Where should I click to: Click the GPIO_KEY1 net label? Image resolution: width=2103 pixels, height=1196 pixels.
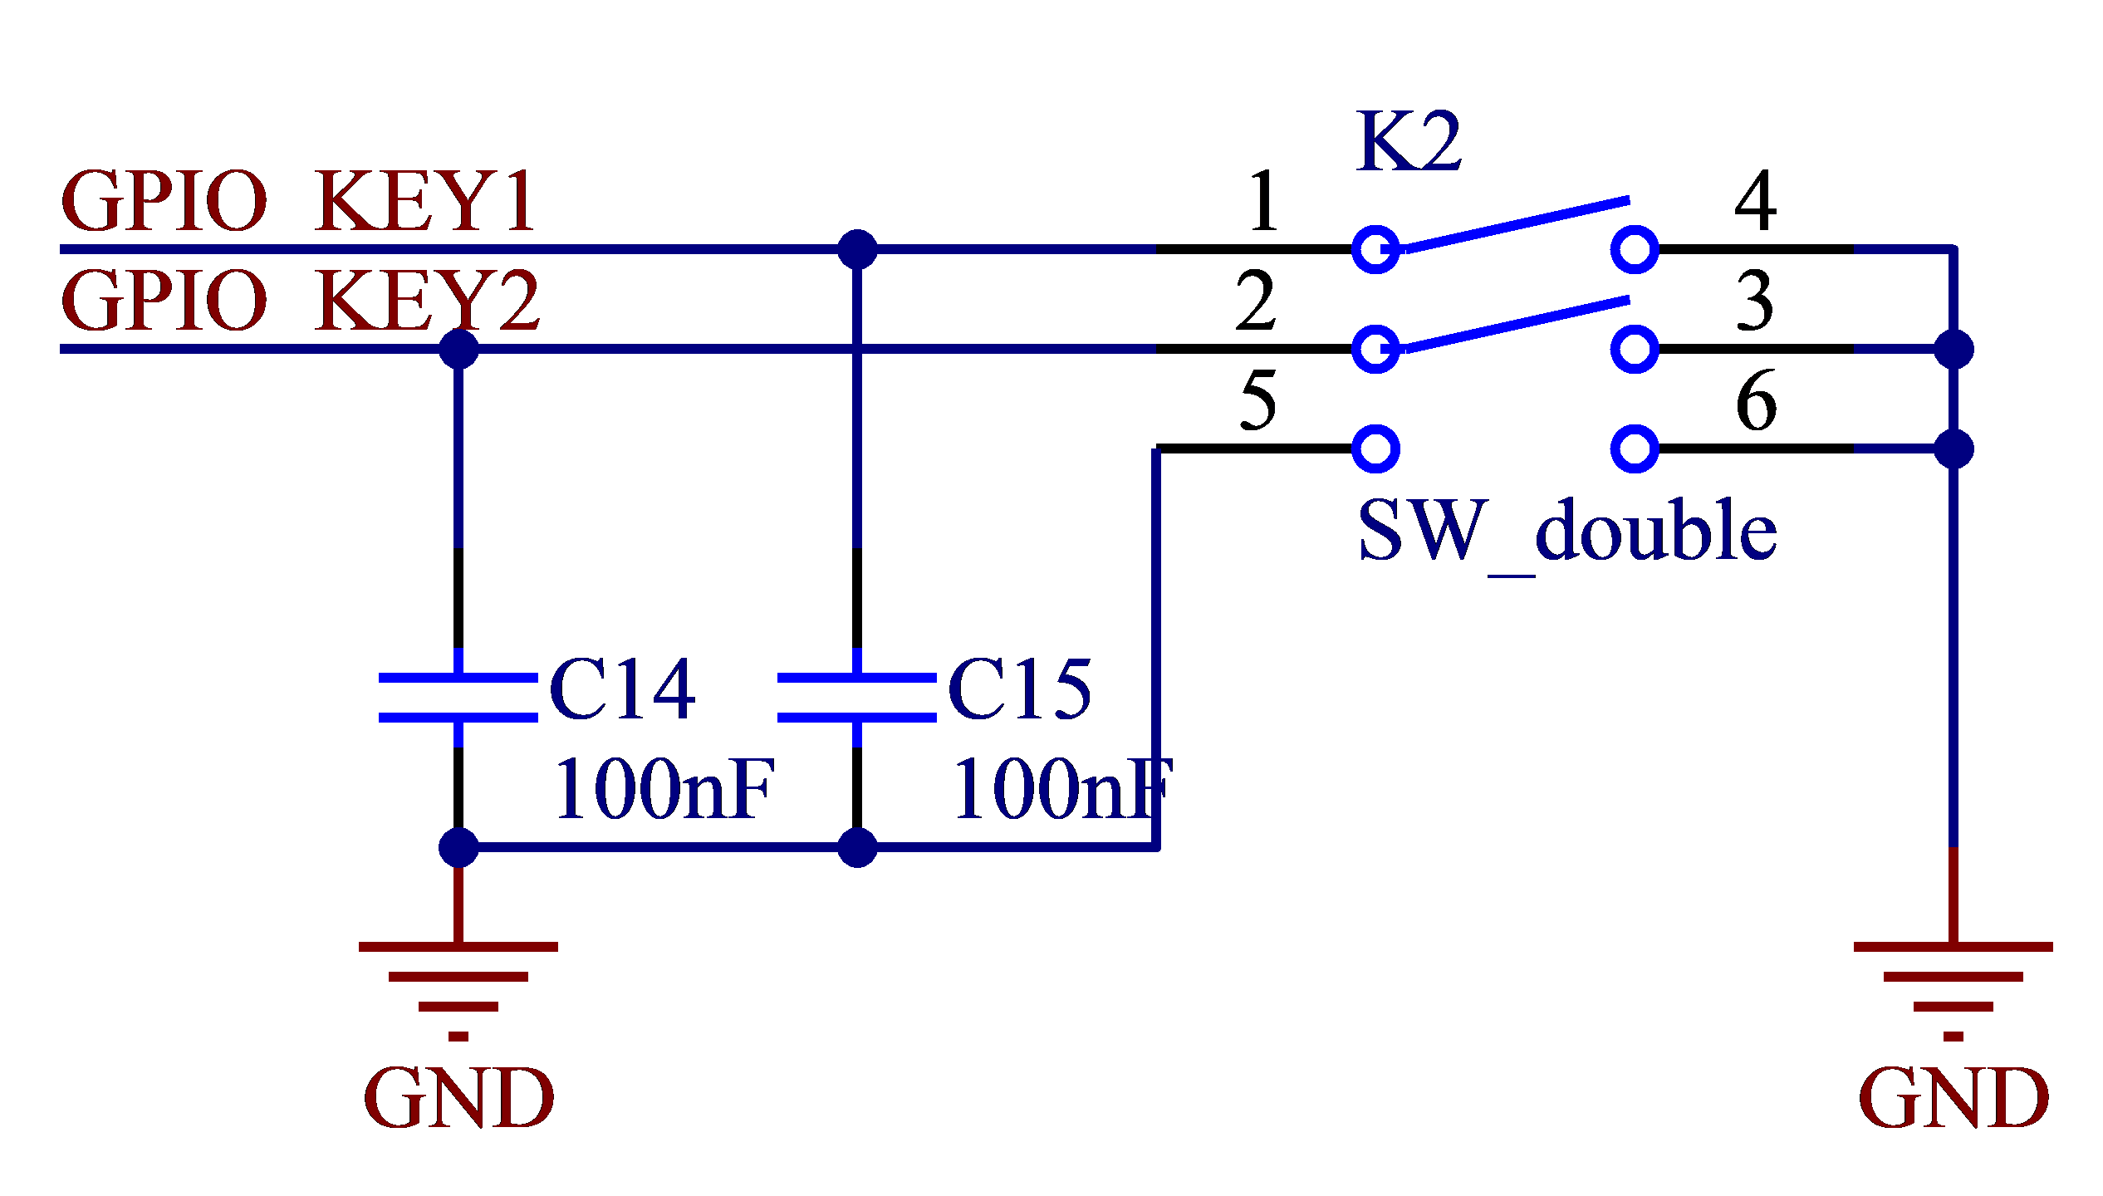click(299, 201)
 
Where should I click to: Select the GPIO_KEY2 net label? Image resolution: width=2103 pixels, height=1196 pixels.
click(301, 301)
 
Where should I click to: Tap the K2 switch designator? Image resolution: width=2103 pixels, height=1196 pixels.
click(1409, 142)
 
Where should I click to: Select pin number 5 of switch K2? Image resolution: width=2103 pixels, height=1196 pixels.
click(1257, 400)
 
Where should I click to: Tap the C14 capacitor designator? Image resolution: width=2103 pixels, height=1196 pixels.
click(622, 689)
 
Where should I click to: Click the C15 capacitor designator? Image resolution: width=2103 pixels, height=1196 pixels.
click(1020, 689)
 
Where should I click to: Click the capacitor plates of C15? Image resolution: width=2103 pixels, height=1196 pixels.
click(857, 698)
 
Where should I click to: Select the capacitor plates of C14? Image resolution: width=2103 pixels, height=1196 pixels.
click(458, 698)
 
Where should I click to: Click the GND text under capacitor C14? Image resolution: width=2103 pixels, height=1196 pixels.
click(458, 1098)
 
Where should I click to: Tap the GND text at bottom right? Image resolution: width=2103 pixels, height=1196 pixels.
click(1953, 1098)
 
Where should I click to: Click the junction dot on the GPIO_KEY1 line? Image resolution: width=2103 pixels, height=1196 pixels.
click(857, 249)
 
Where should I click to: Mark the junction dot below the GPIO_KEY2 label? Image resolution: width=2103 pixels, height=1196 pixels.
click(458, 349)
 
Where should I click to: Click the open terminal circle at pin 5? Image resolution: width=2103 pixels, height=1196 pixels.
click(1376, 448)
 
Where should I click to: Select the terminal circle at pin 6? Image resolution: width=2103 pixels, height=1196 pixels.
click(1635, 448)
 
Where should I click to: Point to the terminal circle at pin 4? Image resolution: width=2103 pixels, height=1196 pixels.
click(1635, 249)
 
